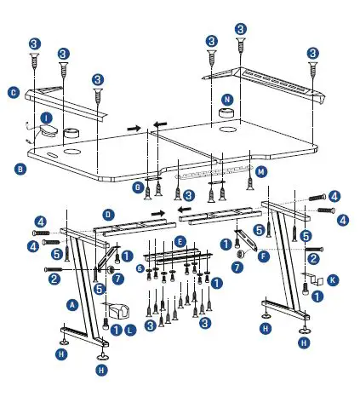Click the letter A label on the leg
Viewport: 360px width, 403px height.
point(73,302)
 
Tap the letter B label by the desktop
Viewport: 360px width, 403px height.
point(20,169)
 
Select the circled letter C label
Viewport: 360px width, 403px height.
point(14,91)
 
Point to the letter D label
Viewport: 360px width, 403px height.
point(107,213)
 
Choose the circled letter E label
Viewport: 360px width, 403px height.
point(179,243)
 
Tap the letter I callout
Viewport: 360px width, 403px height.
point(48,118)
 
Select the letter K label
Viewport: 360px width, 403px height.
point(332,279)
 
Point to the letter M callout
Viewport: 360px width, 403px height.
point(261,171)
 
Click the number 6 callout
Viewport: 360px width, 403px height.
point(140,268)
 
